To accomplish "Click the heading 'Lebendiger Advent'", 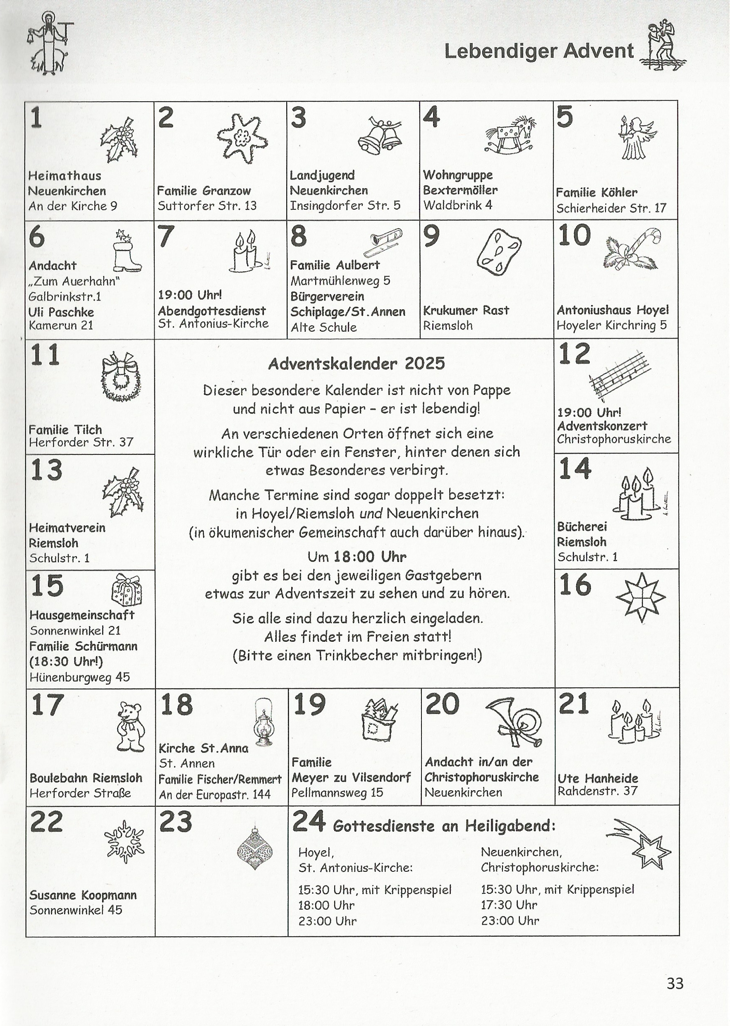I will click(539, 51).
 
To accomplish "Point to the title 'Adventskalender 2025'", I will click(356, 363).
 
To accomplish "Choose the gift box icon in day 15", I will click(126, 590).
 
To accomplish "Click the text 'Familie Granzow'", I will click(203, 191).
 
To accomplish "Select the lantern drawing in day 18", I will click(264, 722).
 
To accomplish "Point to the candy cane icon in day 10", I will click(632, 249).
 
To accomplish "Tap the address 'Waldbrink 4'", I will click(457, 206).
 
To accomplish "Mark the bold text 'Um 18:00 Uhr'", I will click(357, 557).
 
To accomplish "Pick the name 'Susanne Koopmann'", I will click(83, 895).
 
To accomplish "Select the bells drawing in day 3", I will click(379, 136).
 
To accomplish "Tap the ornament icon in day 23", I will click(254, 849).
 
